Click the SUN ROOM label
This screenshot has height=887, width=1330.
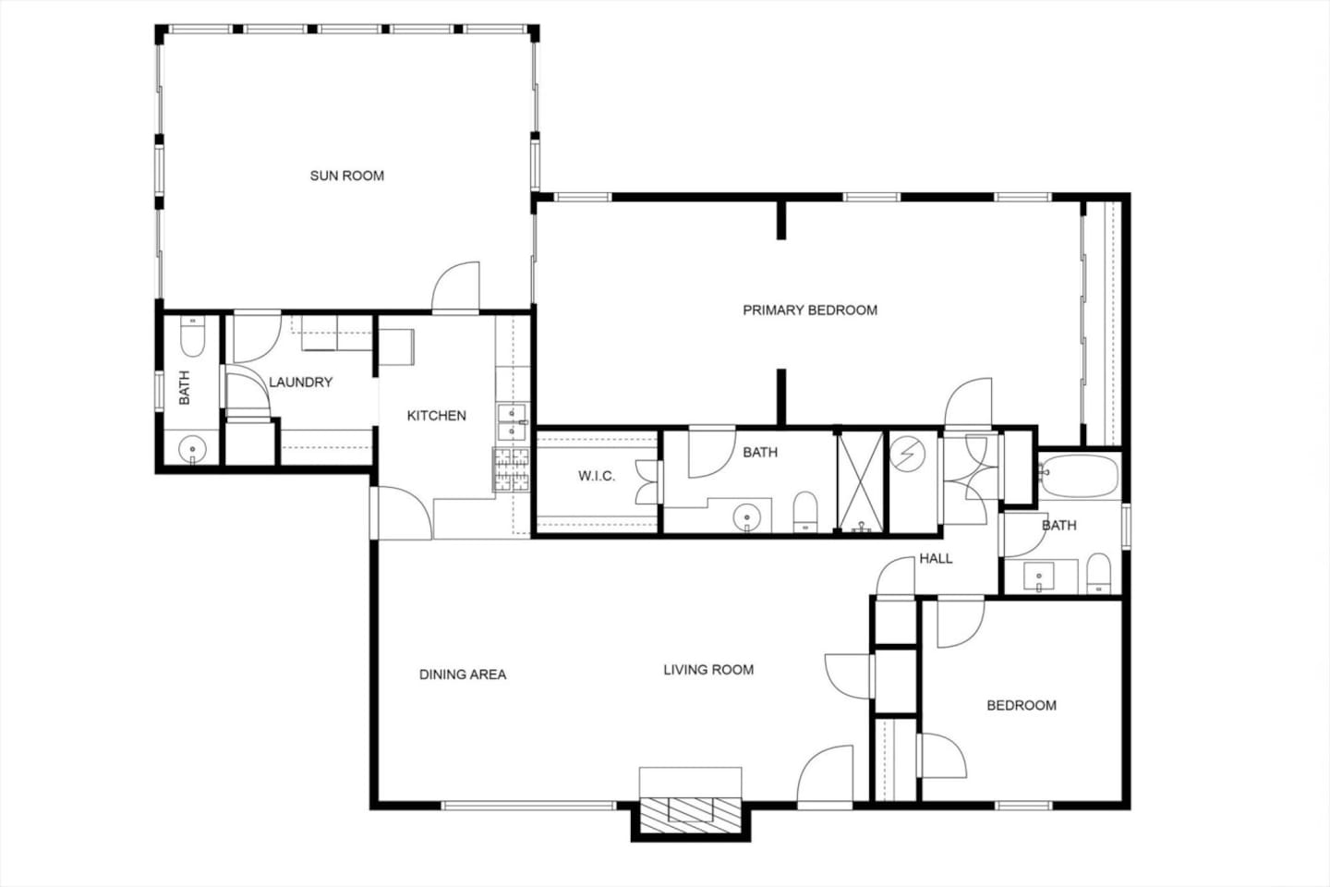coord(346,176)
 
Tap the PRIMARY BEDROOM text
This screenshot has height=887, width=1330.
coord(810,310)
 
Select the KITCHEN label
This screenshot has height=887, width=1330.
coord(436,416)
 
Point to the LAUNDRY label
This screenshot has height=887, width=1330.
coord(300,383)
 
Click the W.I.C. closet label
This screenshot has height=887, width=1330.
coord(597,477)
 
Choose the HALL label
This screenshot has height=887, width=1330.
coord(936,558)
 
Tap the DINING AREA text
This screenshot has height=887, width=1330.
coord(463,674)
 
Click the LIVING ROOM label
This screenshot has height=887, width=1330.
coord(708,670)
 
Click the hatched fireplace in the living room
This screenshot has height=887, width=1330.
coord(691,815)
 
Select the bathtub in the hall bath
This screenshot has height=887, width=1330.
coord(1079,476)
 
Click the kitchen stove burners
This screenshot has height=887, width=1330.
coord(512,470)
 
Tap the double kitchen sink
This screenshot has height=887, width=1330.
coord(512,422)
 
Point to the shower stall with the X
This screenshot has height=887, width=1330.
coord(861,481)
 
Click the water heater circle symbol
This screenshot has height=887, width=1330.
coord(907,455)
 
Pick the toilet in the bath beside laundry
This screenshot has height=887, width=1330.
coord(192,335)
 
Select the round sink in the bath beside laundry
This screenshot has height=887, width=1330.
coord(192,448)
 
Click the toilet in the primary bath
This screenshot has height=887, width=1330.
coord(805,512)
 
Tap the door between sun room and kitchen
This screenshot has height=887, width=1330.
coord(455,287)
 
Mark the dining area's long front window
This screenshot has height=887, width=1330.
coord(528,806)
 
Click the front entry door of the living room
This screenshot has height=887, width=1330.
coord(825,776)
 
